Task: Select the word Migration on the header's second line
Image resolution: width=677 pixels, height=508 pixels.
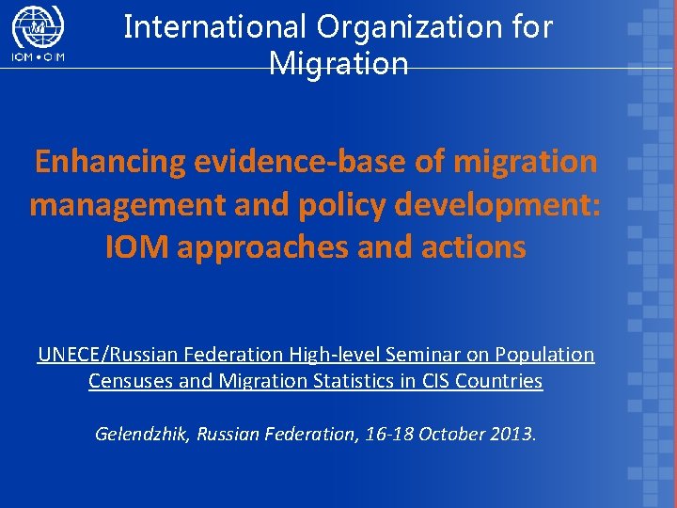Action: click(338, 64)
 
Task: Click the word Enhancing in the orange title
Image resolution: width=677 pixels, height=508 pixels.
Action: click(111, 162)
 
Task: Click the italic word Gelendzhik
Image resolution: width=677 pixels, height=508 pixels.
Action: click(142, 435)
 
